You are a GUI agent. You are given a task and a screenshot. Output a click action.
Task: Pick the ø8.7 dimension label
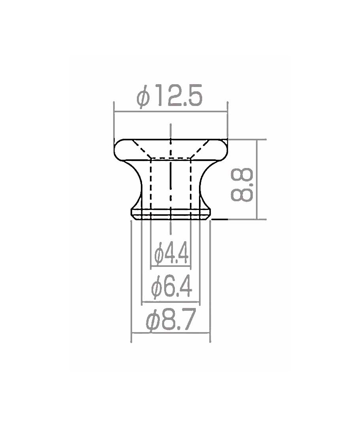(171, 320)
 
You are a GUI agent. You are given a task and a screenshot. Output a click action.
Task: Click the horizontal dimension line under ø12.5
(171, 111)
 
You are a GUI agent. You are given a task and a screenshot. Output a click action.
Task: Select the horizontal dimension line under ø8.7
(171, 333)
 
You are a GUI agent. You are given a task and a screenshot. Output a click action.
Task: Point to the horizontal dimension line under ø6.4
(171, 302)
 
